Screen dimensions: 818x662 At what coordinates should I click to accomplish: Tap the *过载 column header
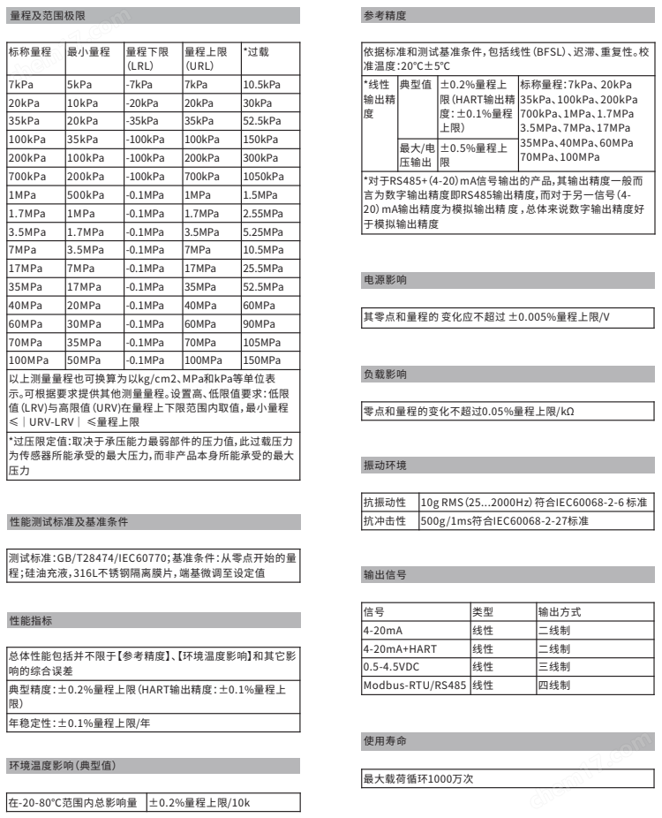point(257,52)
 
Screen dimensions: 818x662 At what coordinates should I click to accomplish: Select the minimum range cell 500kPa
point(85,195)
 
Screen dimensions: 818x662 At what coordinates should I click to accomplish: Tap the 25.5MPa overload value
point(261,269)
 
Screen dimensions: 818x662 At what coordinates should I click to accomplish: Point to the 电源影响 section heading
point(386,280)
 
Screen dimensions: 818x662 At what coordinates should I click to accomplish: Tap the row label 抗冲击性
point(385,521)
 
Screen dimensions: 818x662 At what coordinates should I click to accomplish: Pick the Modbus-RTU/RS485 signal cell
point(413,685)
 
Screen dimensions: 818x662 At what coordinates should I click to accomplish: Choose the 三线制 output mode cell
point(554,667)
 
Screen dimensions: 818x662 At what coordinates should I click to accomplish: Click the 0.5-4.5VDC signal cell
point(394,667)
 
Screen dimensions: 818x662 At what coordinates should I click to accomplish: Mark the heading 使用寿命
point(386,738)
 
